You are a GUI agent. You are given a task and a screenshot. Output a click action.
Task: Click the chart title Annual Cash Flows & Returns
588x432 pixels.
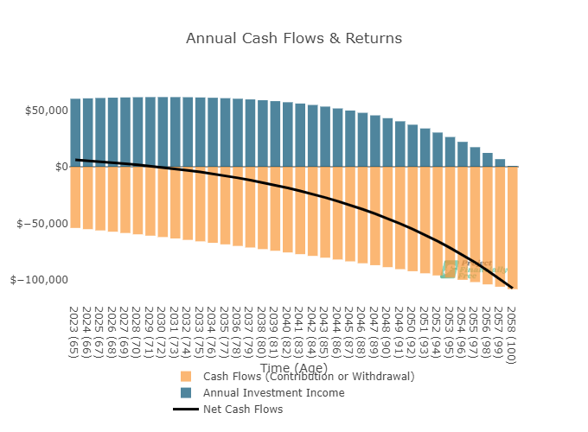(x=294, y=39)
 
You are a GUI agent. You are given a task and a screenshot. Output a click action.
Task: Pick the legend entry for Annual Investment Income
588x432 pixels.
(x=273, y=393)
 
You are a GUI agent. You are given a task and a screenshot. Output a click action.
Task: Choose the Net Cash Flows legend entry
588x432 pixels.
(x=243, y=410)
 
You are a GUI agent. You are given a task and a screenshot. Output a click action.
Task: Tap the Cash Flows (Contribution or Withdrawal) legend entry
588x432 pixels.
(x=309, y=377)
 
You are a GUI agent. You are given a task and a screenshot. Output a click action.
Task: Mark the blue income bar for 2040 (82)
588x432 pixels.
(x=288, y=135)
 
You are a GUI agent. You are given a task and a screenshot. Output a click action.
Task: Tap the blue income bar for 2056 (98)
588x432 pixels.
(x=488, y=160)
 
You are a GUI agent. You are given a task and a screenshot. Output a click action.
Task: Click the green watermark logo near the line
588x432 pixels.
(x=449, y=269)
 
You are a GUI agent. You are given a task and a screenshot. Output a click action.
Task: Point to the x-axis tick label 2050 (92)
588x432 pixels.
(x=412, y=329)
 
